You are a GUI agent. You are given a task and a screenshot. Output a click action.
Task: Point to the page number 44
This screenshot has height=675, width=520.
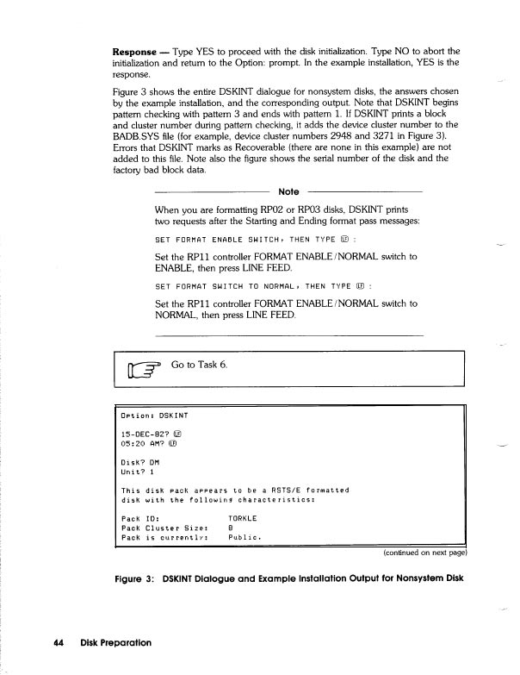click(59, 642)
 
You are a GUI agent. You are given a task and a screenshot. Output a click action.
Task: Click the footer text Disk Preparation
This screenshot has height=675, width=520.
click(115, 642)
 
